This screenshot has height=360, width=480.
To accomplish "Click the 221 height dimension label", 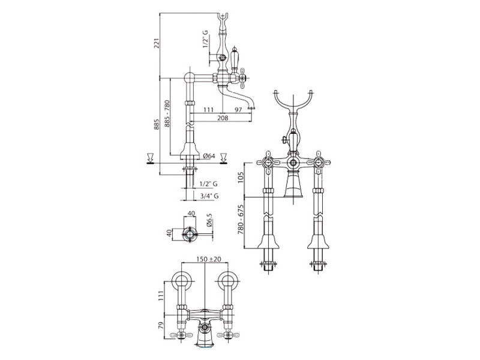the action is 156,44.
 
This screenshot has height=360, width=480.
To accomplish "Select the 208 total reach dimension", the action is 223,118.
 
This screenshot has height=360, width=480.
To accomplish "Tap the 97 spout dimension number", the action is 238,110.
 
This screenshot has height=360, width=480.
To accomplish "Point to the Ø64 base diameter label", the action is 209,156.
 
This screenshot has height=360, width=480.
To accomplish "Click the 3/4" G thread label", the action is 209,196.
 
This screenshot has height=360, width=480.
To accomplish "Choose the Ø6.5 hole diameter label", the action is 209,220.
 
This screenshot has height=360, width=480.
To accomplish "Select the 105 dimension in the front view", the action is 241,177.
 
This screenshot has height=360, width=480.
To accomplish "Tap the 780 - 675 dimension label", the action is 241,219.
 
